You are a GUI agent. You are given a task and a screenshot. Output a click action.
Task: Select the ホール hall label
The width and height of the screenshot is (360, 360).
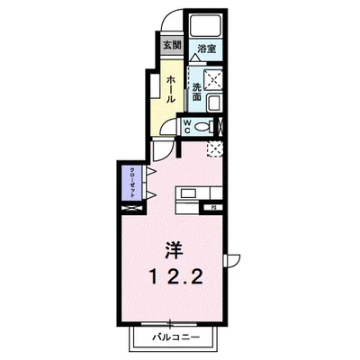[x=169, y=86]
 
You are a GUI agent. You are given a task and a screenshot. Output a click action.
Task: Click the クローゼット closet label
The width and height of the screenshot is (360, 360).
[x=131, y=183]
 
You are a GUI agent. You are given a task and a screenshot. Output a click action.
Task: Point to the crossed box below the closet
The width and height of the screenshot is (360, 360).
[x=131, y=210]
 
